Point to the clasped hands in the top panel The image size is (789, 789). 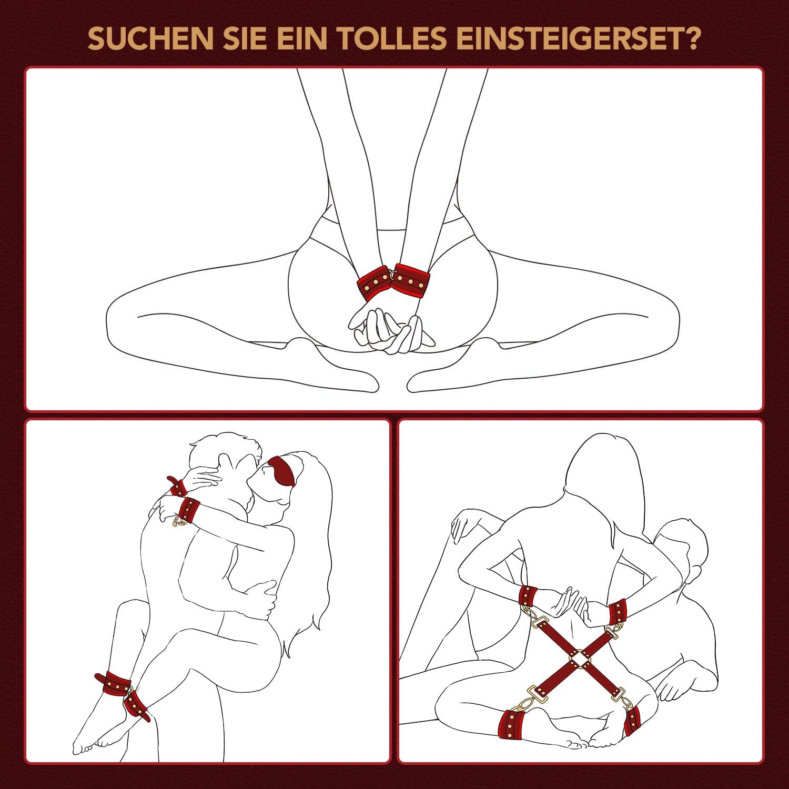click(x=389, y=331)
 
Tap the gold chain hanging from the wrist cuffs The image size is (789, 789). click(x=180, y=522)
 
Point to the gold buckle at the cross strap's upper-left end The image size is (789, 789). click(x=540, y=625)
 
